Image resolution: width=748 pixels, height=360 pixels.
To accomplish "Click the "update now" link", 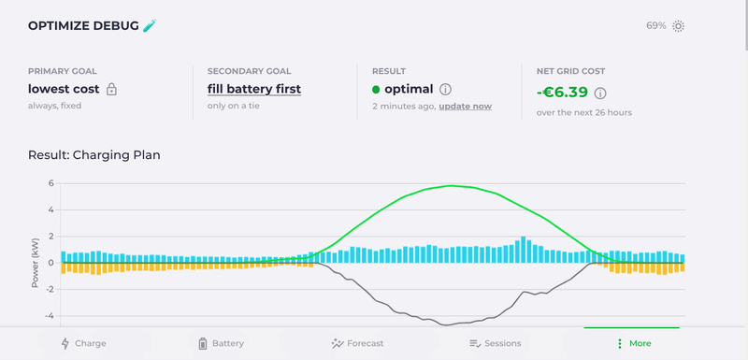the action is pyautogui.click(x=465, y=107).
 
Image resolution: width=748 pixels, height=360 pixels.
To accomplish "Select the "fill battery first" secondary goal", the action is pyautogui.click(x=254, y=89).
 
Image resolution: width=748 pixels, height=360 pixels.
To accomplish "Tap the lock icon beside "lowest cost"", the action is pyautogui.click(x=111, y=89).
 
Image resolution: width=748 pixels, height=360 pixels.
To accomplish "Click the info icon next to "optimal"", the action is pyautogui.click(x=445, y=89).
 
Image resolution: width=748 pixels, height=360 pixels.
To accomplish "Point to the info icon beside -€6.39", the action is pyautogui.click(x=600, y=93).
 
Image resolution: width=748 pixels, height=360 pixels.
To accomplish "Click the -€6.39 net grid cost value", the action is pyautogui.click(x=563, y=92).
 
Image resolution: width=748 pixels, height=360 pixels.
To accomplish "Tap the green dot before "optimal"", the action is pyautogui.click(x=376, y=89).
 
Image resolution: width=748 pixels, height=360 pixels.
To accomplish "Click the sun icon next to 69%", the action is pyautogui.click(x=679, y=26).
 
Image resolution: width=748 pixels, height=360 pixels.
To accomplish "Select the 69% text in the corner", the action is pyautogui.click(x=656, y=26).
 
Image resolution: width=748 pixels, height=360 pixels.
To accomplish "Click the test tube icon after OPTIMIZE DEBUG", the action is pyautogui.click(x=150, y=25).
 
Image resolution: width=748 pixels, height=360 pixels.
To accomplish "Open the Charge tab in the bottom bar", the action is pyautogui.click(x=84, y=343).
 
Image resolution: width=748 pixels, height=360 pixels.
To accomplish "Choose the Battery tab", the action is pyautogui.click(x=221, y=343).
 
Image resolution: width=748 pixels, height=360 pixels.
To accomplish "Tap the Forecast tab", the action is pyautogui.click(x=357, y=343).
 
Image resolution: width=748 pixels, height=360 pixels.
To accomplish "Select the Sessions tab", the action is pyautogui.click(x=496, y=343).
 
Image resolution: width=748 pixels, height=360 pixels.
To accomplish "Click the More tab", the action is pyautogui.click(x=634, y=343).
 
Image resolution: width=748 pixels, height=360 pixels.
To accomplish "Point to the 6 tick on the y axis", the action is pyautogui.click(x=51, y=183).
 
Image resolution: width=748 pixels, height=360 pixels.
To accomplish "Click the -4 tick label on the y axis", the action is pyautogui.click(x=50, y=316).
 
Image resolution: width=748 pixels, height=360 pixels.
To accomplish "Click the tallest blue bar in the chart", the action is pyautogui.click(x=524, y=250).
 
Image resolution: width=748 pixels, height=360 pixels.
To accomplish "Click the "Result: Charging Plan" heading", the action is pyautogui.click(x=94, y=155).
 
